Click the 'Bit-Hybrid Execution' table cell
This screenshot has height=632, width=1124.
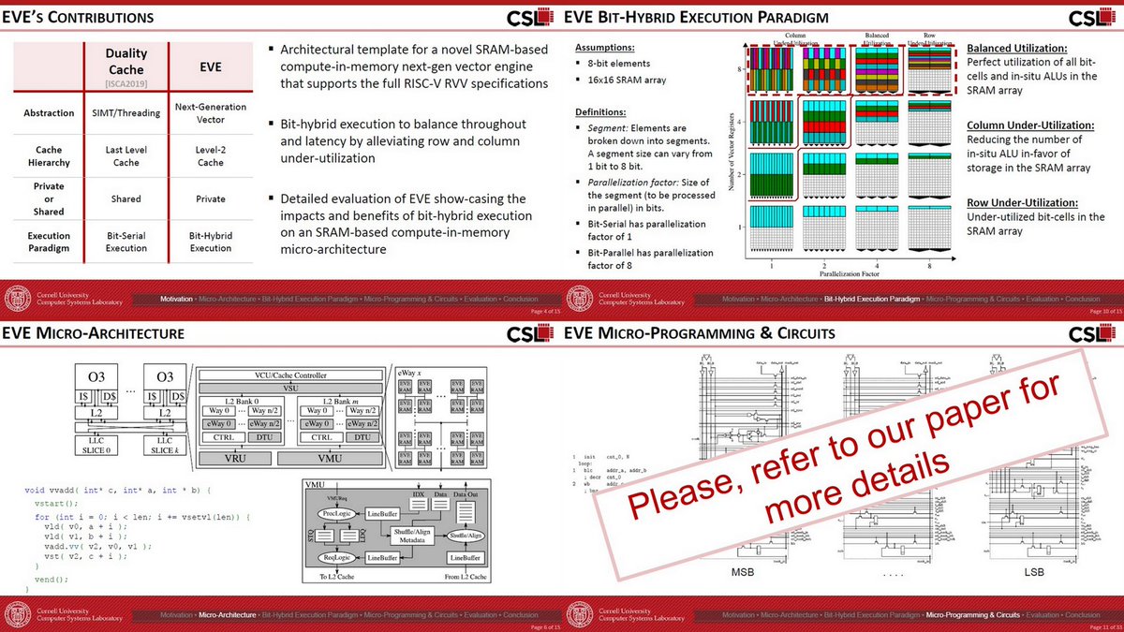(210, 242)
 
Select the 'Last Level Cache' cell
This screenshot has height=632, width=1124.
(126, 155)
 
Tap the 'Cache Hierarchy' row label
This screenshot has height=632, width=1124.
(49, 155)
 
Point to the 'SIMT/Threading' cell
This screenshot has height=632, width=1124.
(126, 112)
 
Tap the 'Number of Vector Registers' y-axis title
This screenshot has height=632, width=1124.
(731, 160)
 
